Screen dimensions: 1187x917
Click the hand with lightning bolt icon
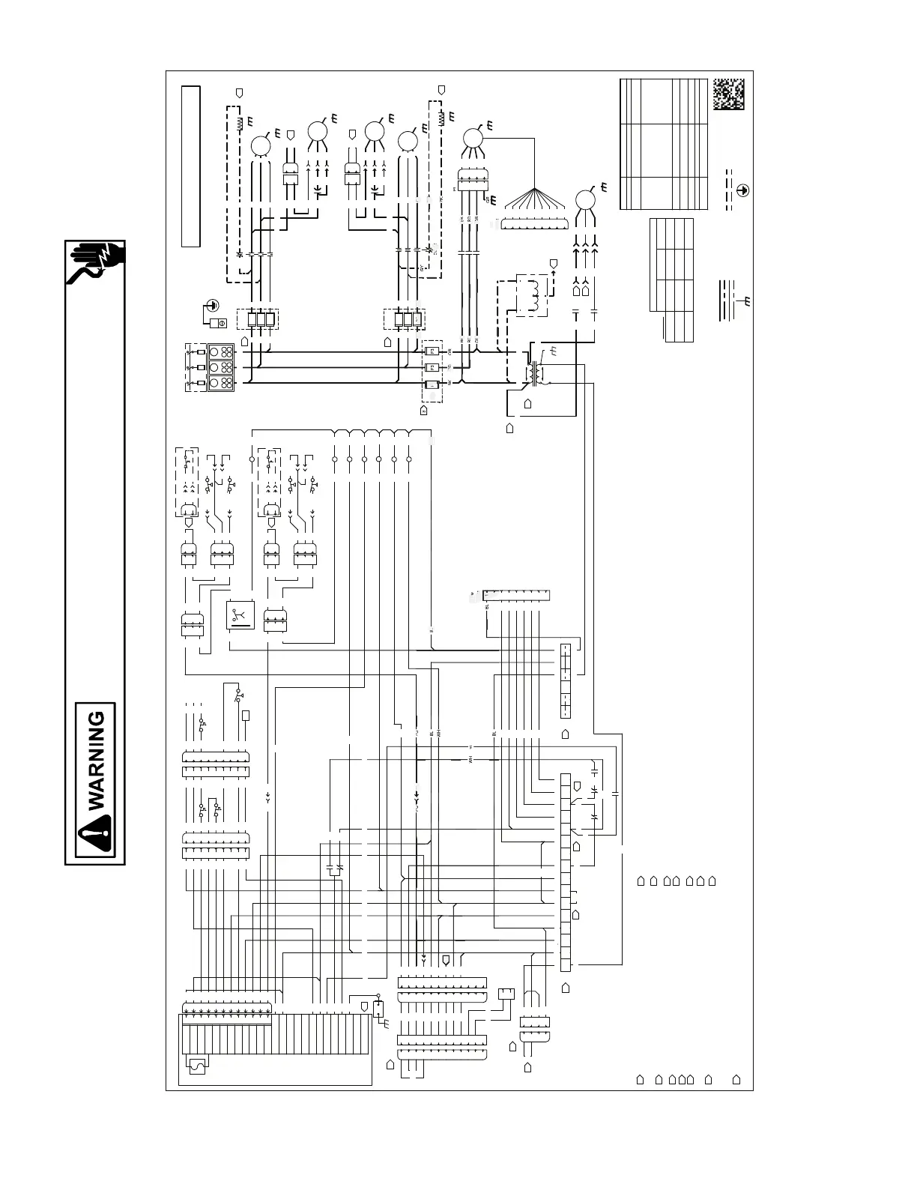click(96, 262)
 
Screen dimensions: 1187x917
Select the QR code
click(728, 93)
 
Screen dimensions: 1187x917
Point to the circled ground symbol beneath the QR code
click(742, 190)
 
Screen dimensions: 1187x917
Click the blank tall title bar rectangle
click(190, 166)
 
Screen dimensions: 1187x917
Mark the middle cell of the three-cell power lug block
click(222, 367)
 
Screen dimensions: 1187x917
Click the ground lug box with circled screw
click(220, 323)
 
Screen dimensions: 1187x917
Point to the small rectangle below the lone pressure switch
click(246, 716)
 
